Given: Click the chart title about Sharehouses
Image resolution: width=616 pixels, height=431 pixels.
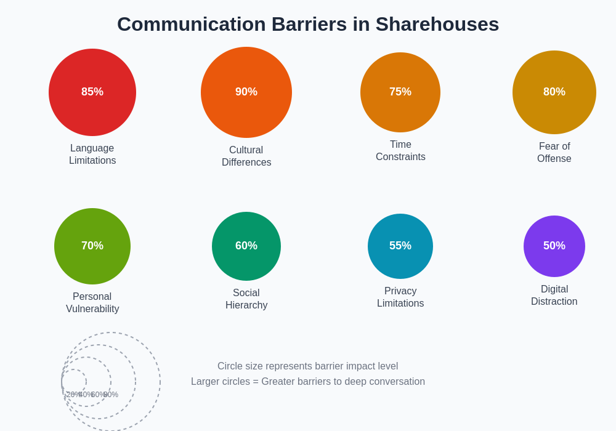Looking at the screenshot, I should point(308,24).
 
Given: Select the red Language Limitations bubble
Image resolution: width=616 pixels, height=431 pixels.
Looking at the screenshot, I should point(92,92).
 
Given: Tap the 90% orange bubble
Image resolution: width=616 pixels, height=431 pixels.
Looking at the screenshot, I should point(246,92).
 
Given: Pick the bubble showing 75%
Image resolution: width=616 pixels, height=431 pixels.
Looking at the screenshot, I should point(400,92).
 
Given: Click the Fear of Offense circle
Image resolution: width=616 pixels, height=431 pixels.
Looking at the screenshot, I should point(554,92).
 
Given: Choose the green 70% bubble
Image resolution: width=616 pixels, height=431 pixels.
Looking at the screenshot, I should point(92,246).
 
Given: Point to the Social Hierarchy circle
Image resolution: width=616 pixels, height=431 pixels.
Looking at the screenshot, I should point(246,246).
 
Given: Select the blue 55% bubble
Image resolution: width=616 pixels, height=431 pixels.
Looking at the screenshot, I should point(400,246).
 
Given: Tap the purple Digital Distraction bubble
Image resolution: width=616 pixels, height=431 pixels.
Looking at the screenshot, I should point(554,246).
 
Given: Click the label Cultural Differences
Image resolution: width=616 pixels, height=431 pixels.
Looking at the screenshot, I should point(246,156).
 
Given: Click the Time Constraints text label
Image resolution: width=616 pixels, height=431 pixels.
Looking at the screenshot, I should point(400,151).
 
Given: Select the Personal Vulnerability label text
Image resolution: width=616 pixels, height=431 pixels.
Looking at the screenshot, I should point(92,303).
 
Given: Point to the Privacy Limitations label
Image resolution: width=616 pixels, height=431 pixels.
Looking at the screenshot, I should point(400,297).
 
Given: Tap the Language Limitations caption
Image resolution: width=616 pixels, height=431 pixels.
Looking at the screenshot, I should point(92,155).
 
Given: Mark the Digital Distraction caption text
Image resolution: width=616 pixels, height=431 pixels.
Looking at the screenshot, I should point(554,296).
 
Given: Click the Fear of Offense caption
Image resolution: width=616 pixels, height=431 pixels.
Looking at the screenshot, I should point(554,153).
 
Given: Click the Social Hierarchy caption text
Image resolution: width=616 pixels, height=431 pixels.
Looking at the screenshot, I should point(246,299).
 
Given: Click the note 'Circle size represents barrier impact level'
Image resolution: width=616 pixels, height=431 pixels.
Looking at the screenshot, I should point(308,366).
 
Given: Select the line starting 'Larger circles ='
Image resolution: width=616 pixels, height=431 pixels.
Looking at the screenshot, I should point(308,382).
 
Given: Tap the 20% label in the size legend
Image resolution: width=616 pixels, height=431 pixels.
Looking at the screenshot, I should point(73,395).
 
